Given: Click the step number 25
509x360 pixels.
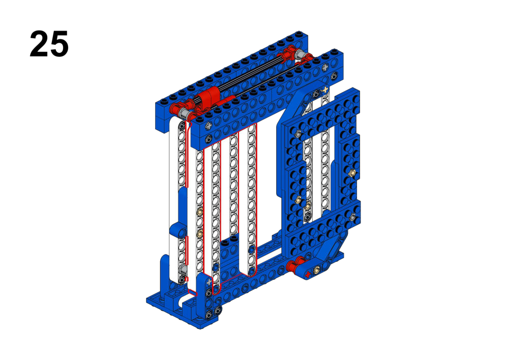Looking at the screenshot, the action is [49, 44].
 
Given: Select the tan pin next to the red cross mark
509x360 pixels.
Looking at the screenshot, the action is [316, 269].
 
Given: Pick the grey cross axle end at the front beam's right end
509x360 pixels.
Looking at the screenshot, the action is [325, 68].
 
